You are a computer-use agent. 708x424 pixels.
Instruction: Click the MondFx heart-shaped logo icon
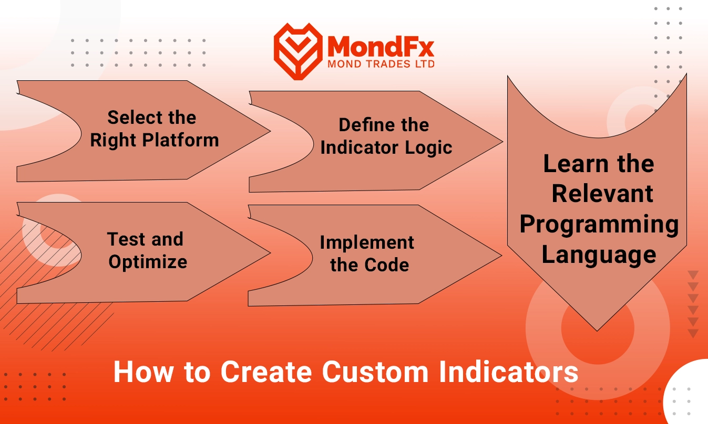(298, 51)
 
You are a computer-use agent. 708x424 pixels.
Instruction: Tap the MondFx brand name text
(381, 46)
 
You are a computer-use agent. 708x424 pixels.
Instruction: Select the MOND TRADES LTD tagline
(381, 64)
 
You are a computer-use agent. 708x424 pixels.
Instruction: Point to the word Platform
(180, 141)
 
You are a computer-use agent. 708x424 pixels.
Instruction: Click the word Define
(363, 125)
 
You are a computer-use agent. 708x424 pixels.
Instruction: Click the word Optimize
(148, 262)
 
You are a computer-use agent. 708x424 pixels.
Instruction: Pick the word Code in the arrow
(386, 265)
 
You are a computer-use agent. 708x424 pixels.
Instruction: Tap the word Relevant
(602, 194)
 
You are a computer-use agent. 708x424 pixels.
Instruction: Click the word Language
(599, 255)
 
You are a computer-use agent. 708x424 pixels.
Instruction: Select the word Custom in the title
(375, 372)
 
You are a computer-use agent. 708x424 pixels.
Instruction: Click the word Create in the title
(266, 372)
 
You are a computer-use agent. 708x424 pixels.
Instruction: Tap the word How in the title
(144, 372)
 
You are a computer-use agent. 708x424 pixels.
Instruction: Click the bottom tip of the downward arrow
(597, 331)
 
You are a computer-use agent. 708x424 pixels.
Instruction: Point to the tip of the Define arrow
(502, 142)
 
